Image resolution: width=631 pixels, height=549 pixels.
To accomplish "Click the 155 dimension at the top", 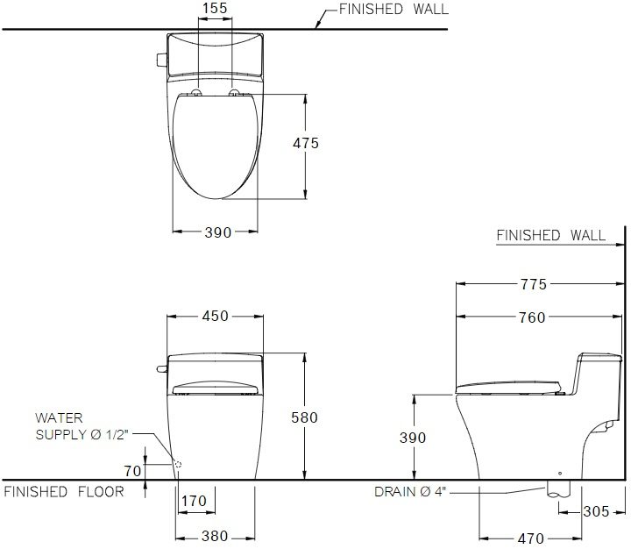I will click(x=215, y=10).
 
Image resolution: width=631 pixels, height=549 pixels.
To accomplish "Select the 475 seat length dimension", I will click(x=306, y=144).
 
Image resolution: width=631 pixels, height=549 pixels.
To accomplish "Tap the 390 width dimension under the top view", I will click(x=216, y=232).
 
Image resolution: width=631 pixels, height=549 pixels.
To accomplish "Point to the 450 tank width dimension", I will click(x=216, y=317).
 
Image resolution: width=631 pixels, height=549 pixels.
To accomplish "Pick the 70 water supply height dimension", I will click(x=132, y=471).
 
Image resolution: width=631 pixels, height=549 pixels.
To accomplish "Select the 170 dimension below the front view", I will click(x=194, y=502).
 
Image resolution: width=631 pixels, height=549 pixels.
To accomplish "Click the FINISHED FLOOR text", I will click(x=64, y=492).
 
